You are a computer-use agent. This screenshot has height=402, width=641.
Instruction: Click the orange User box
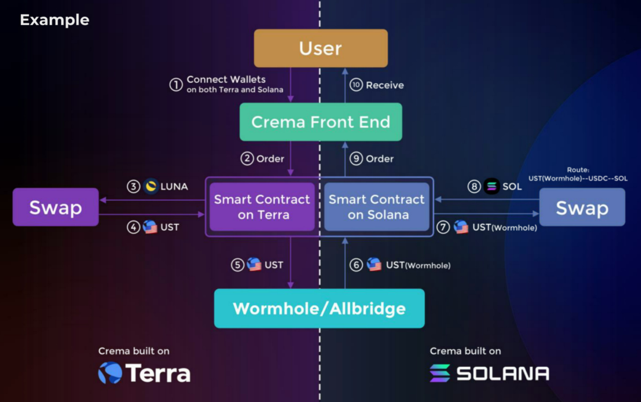click(x=320, y=48)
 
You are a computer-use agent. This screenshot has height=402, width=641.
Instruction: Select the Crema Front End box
click(x=320, y=122)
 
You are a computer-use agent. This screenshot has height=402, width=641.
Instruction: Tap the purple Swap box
click(x=55, y=207)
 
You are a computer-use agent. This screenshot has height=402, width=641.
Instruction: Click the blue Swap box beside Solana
click(x=582, y=207)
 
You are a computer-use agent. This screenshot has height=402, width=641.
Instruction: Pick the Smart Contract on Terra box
click(x=262, y=207)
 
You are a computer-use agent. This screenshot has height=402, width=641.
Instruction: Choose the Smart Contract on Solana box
click(x=377, y=207)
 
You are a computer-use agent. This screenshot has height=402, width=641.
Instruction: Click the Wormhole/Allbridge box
click(x=319, y=308)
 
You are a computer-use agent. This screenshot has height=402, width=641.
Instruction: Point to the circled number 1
click(x=176, y=85)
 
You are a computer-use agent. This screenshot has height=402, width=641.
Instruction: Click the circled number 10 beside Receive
click(x=356, y=85)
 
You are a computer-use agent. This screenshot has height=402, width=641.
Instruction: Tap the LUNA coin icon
click(x=151, y=186)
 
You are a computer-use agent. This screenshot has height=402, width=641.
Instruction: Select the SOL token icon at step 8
click(x=491, y=186)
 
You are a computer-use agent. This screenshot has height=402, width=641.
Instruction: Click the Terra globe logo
click(x=110, y=373)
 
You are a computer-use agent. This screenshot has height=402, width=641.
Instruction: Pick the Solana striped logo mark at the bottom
click(x=440, y=373)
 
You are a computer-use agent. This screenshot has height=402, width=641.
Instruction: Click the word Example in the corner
click(x=55, y=20)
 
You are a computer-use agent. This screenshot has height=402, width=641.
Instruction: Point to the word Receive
click(x=385, y=85)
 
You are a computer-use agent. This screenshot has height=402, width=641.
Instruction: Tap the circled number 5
click(x=237, y=265)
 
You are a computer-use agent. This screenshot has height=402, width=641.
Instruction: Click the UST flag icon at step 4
click(x=150, y=227)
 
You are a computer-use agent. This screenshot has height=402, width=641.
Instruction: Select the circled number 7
click(x=443, y=227)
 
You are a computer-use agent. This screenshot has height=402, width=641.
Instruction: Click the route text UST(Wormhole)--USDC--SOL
click(x=577, y=178)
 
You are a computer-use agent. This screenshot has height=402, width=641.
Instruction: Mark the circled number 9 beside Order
click(x=356, y=159)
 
